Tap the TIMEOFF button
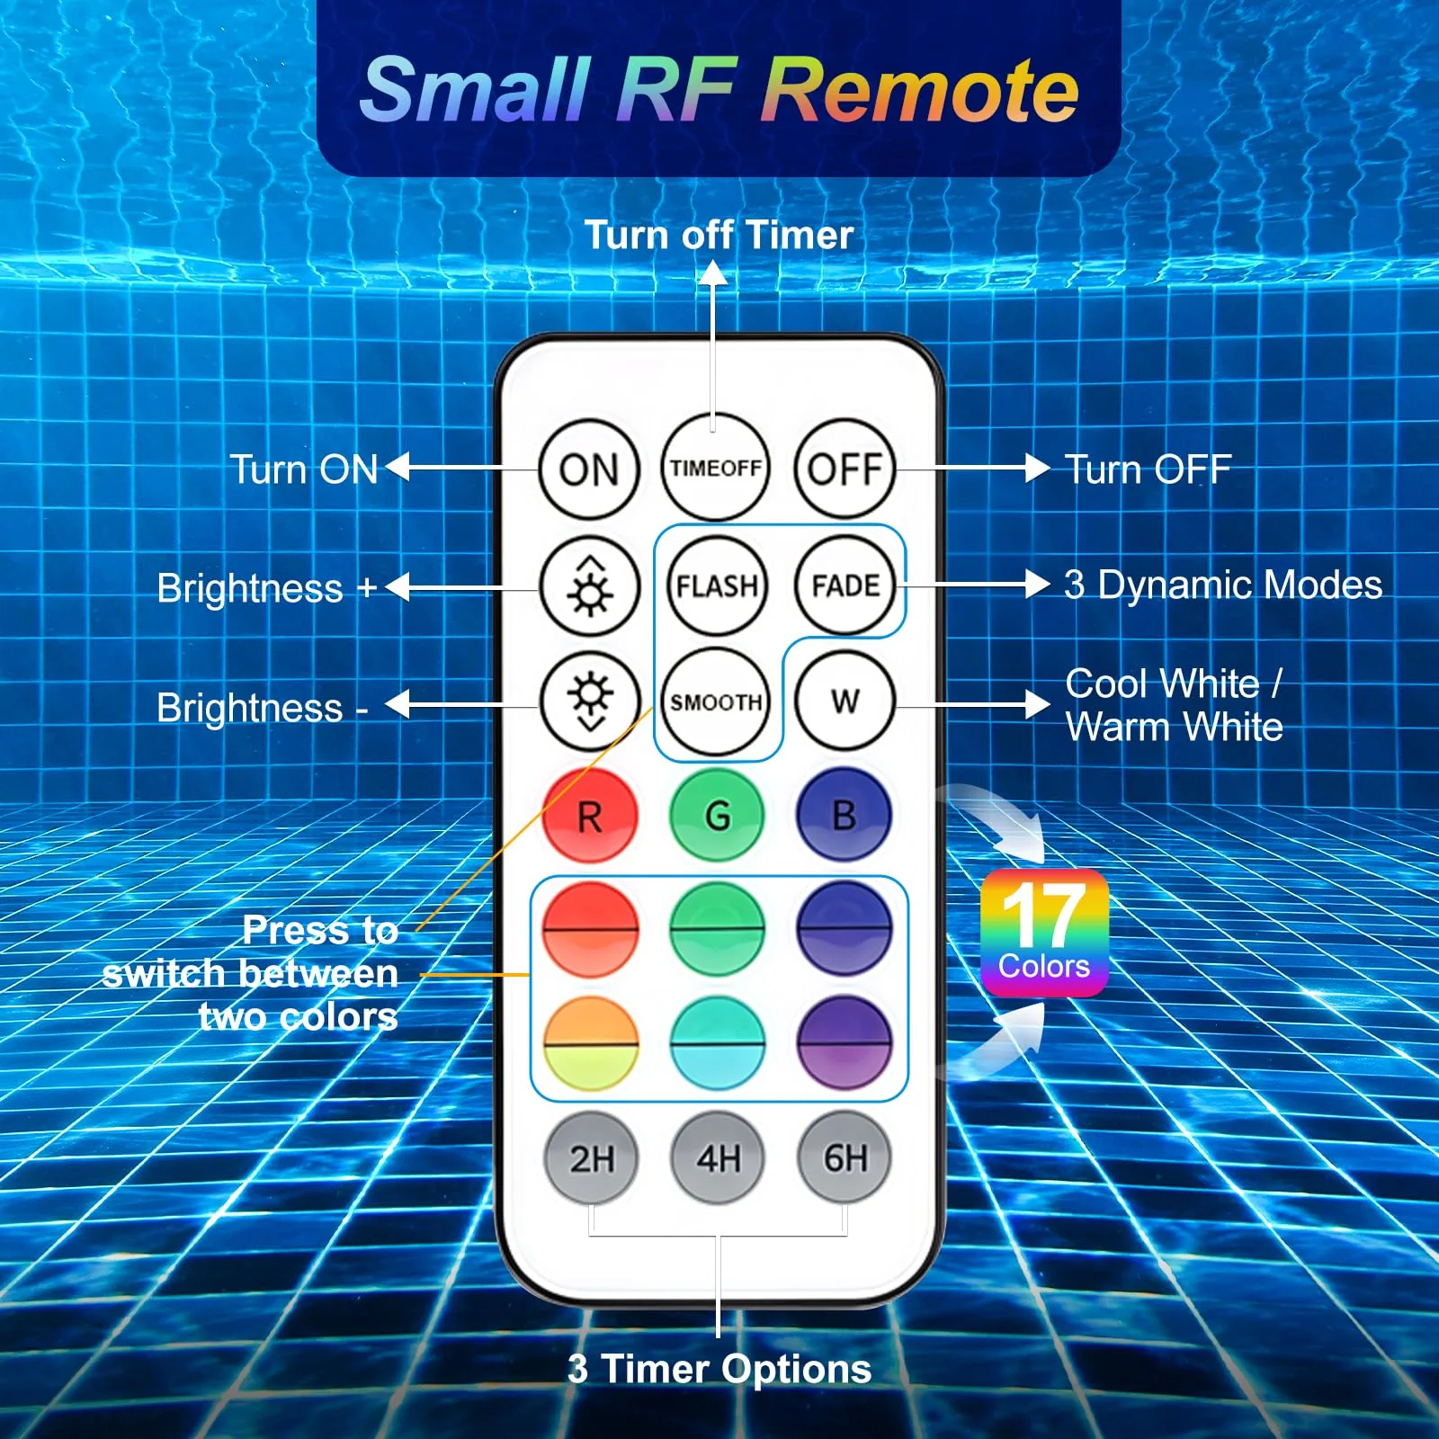[716, 468]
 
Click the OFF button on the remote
[845, 469]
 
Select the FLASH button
[717, 585]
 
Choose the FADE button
[845, 585]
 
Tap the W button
[845, 701]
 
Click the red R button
[590, 816]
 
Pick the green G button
[717, 816]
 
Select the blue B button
[845, 816]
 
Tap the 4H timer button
[718, 1157]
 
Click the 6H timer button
[845, 1157]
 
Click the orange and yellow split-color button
[590, 1043]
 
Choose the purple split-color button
[845, 1043]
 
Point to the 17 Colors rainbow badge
[1044, 933]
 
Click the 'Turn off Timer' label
[719, 236]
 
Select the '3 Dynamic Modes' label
[1223, 585]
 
